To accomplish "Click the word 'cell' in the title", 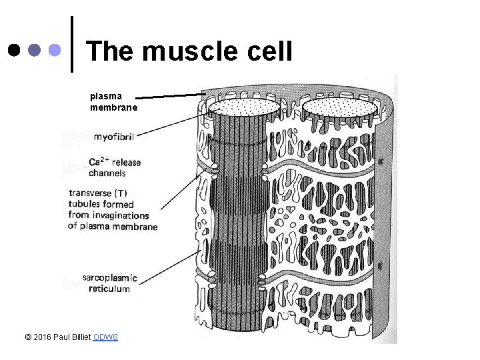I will point(270,51).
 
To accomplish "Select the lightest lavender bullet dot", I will point(56,50).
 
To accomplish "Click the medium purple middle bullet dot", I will point(35,50).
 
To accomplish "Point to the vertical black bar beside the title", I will point(72,44).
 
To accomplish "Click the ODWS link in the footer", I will point(106,337).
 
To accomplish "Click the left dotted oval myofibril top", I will point(244,107).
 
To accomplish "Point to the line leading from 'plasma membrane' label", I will point(170,96).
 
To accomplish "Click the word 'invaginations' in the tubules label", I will point(119,215).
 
